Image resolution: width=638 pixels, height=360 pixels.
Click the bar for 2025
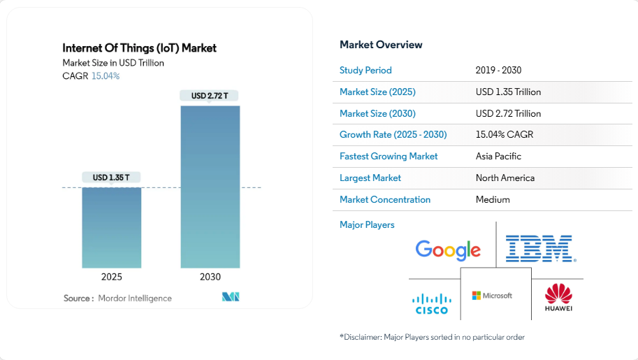coord(112,227)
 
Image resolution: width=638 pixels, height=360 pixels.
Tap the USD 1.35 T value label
coord(112,178)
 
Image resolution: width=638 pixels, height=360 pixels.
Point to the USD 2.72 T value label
coord(210,96)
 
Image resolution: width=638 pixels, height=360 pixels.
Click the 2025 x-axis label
coord(112,277)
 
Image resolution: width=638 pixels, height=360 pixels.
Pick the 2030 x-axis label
coord(210,277)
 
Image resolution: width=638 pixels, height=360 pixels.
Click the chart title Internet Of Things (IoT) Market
coord(139,48)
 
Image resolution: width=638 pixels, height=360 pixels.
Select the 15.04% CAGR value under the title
coord(106,76)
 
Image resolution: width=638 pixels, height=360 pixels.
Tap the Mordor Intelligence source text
coord(135,298)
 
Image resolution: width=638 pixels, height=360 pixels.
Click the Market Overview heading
coord(381,45)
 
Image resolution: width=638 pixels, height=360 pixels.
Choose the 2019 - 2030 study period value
coord(498,71)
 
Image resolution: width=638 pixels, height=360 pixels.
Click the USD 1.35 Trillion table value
coord(508,92)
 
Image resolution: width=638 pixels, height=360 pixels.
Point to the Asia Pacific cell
coord(498,156)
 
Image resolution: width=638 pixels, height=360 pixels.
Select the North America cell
coord(505,178)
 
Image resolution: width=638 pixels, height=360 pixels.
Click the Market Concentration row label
coord(385,199)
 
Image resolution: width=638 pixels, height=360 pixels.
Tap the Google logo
coord(448,250)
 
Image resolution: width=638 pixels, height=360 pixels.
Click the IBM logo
coord(539,249)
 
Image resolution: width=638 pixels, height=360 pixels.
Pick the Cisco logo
coord(431,303)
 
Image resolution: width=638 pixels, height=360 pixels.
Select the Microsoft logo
coord(492,296)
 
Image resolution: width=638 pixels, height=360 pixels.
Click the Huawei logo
coord(558,298)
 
